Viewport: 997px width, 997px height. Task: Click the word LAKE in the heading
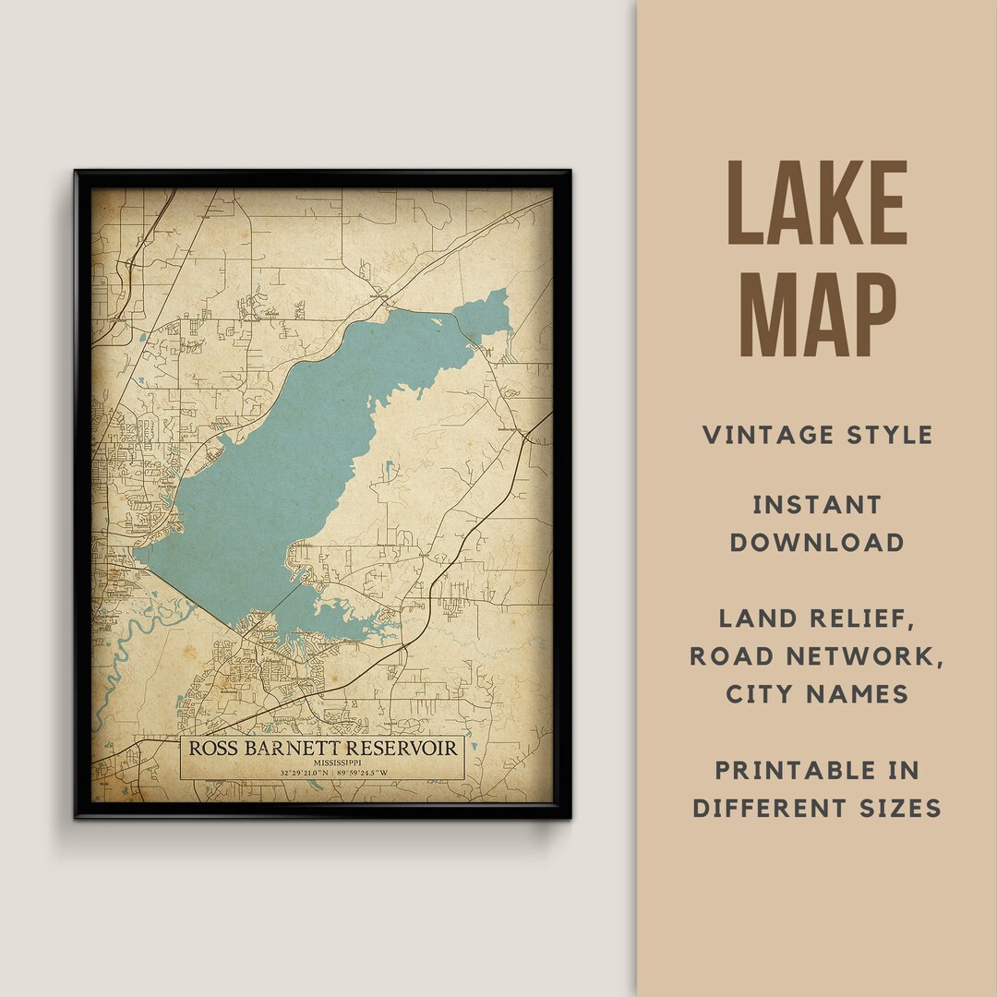tap(817, 204)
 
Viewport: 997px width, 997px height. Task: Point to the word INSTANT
tap(817, 505)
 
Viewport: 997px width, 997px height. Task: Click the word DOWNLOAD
tap(817, 542)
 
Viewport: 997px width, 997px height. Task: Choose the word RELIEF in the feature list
tap(863, 619)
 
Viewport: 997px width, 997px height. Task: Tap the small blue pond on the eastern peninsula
tap(389, 468)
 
